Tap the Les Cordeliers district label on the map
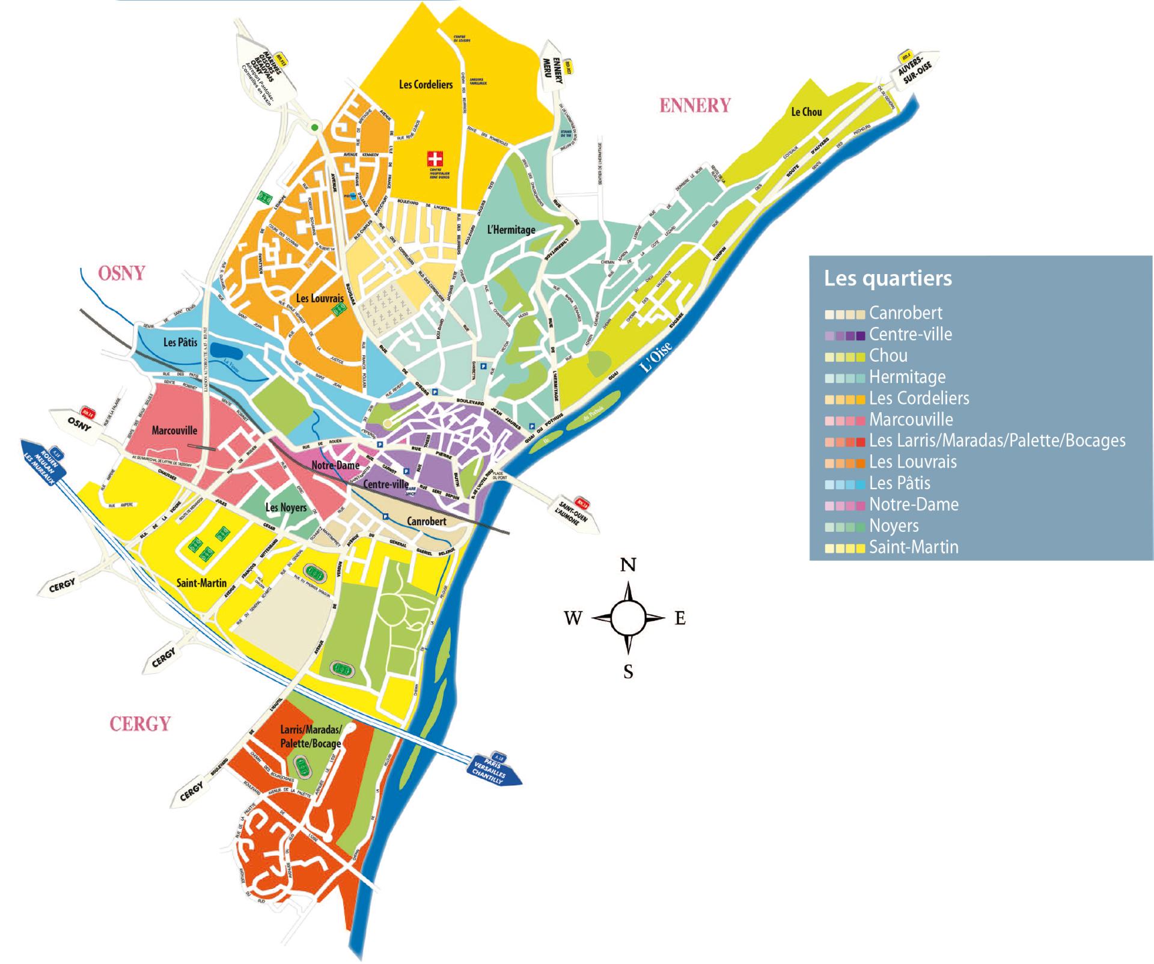tap(426, 85)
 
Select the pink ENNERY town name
tap(695, 106)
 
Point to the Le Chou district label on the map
tap(806, 112)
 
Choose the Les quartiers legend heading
tap(888, 279)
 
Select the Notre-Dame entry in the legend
tap(914, 504)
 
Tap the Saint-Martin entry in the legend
tap(914, 547)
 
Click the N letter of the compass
tap(628, 565)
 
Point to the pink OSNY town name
tap(121, 273)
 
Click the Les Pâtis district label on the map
tap(180, 343)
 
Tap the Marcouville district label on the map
tap(174, 430)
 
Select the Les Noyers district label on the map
tap(286, 508)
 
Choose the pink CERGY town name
tap(140, 724)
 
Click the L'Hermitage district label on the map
tap(511, 230)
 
